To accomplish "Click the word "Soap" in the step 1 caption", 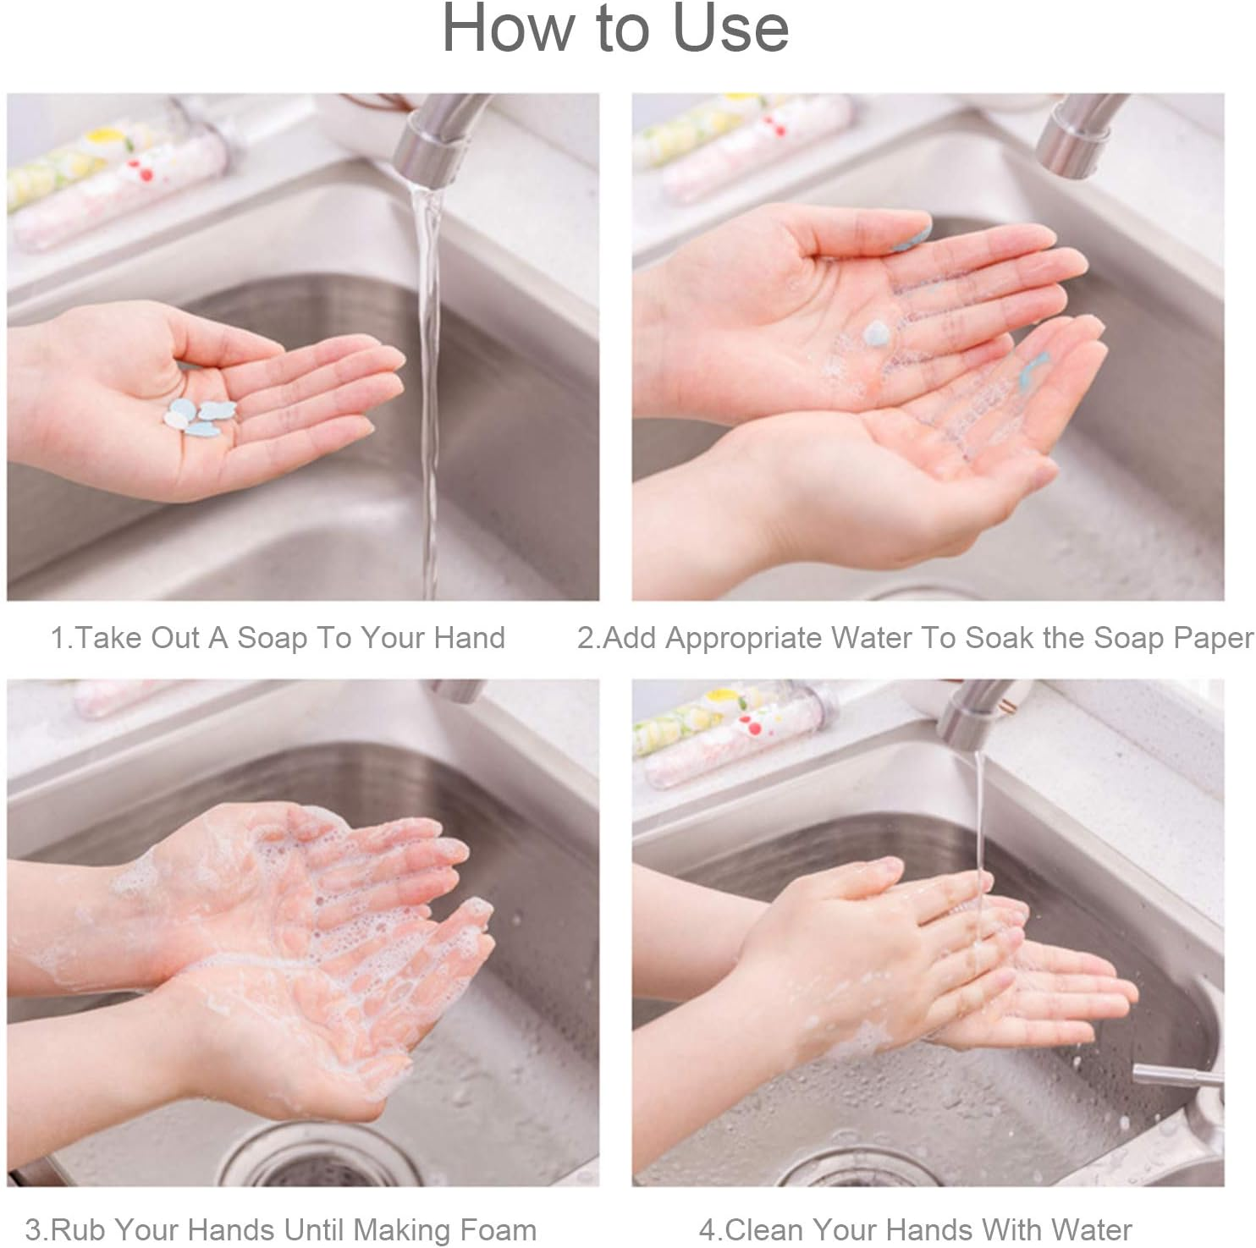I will point(272,637).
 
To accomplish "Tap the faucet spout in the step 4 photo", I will point(973,715).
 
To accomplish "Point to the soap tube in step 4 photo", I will point(728,736).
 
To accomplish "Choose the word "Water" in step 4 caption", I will point(1091,1229).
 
